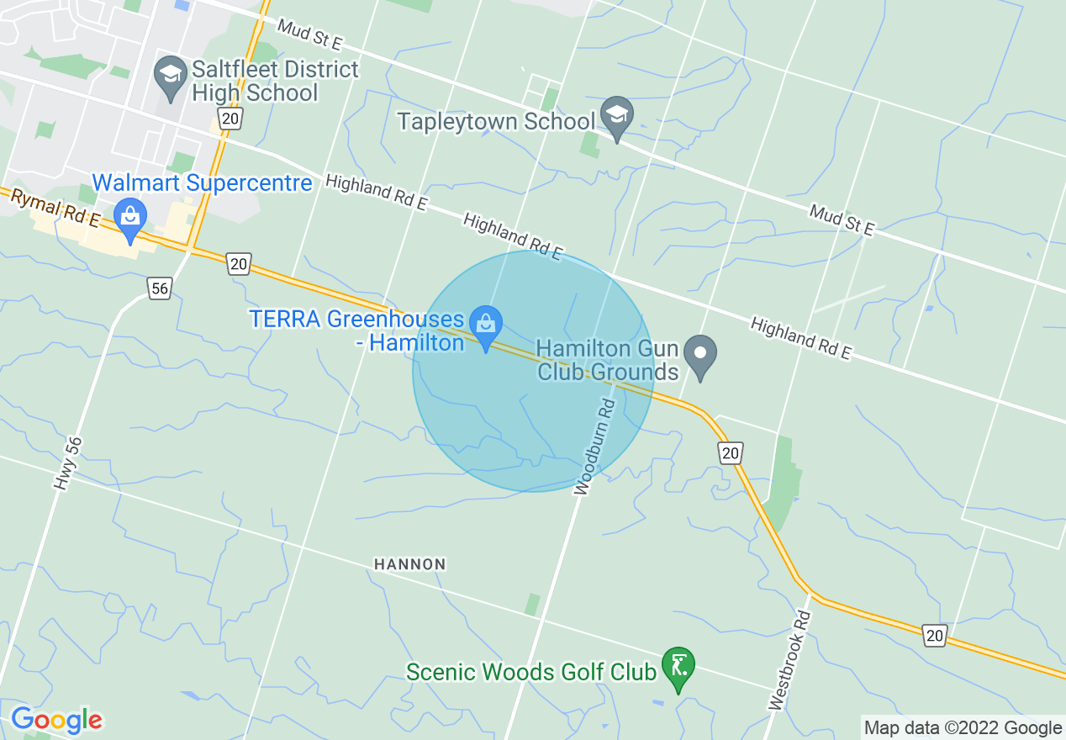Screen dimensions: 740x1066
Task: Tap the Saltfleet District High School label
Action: (275, 81)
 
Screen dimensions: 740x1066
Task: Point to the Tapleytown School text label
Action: (496, 121)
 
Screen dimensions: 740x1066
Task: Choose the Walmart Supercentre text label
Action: (202, 182)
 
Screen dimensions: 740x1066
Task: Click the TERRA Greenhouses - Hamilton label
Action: (357, 331)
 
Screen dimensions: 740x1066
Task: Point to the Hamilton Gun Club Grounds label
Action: (608, 360)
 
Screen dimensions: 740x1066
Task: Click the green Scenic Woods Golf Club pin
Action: (678, 665)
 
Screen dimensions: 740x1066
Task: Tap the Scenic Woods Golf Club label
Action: (530, 673)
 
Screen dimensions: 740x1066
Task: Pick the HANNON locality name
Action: (410, 564)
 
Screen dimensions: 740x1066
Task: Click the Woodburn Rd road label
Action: (596, 447)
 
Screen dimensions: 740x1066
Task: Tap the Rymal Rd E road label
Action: (55, 207)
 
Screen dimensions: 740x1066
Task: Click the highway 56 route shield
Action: (160, 288)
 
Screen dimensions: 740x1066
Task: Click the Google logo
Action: (56, 720)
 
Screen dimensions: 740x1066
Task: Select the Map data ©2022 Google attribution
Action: (963, 727)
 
